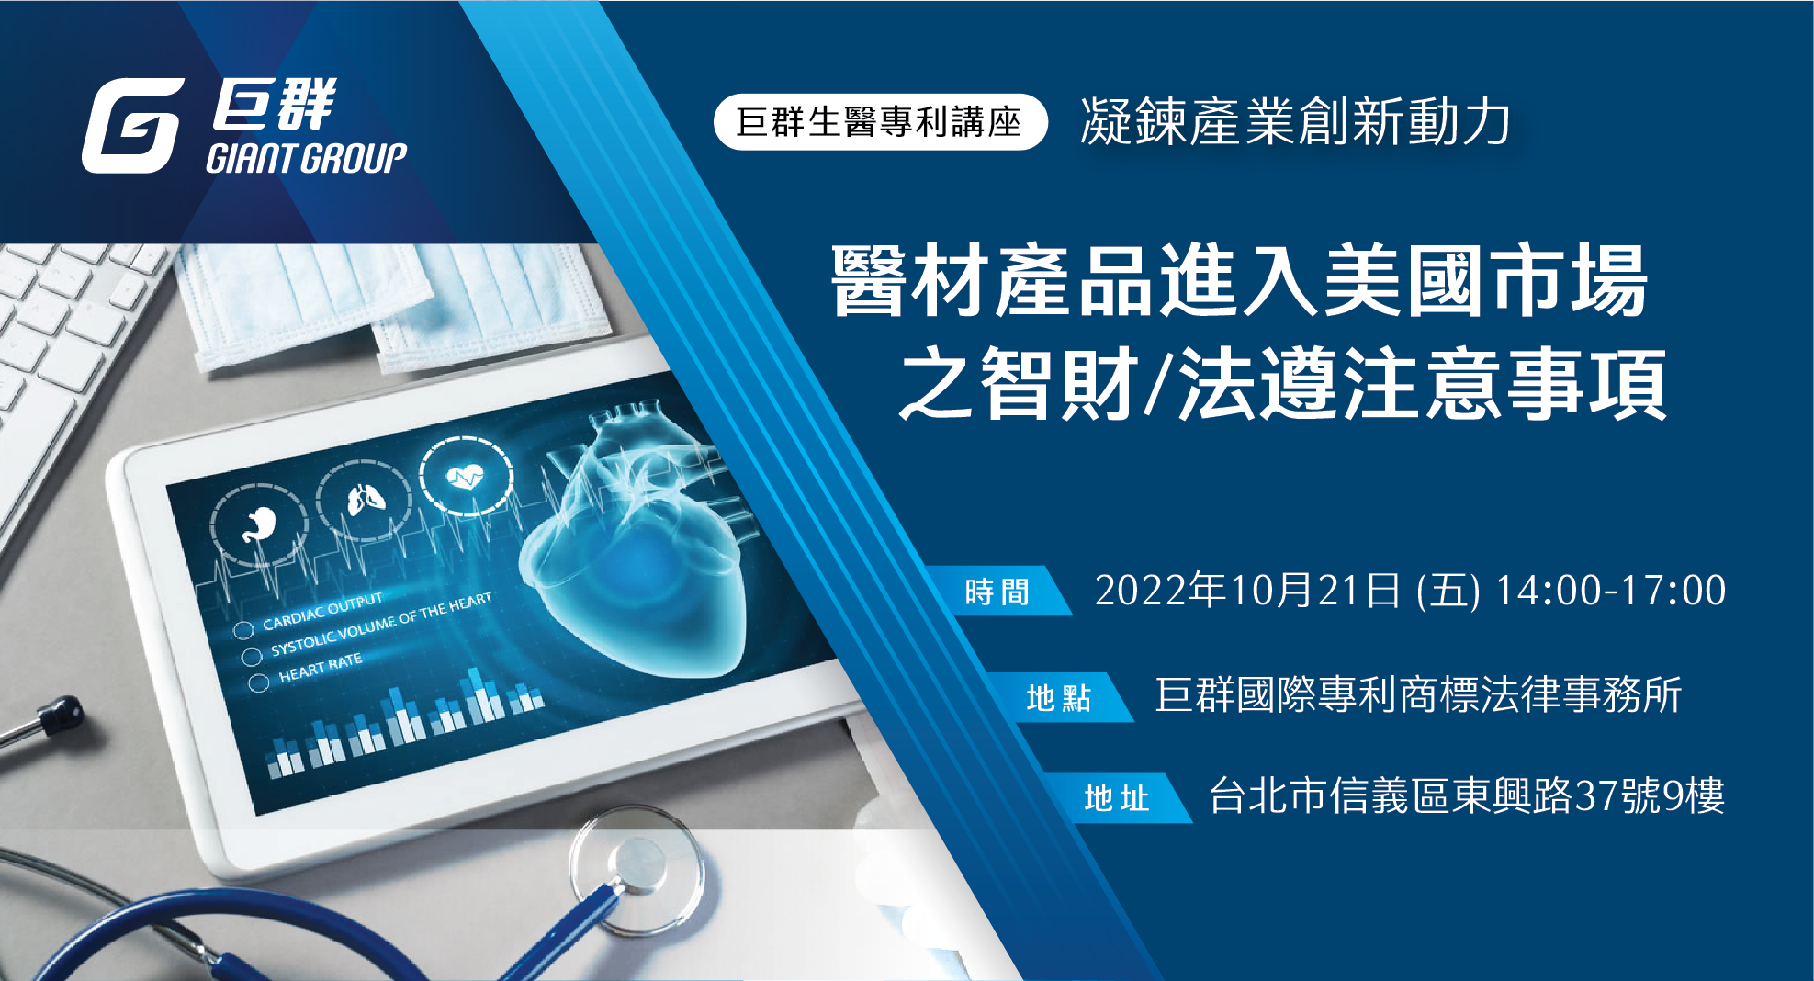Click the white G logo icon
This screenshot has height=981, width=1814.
132,126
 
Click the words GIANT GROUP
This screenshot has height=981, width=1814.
307,159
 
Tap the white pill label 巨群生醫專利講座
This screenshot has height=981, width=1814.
880,122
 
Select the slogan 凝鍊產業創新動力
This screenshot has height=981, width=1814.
1295,121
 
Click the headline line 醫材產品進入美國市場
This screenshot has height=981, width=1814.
1240,280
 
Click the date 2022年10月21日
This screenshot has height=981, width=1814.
1247,590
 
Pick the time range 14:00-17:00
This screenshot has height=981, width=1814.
1611,590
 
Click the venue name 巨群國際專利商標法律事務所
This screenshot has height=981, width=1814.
1418,695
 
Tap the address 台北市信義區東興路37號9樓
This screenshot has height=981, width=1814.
1467,795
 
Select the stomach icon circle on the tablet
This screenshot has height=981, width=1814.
259,524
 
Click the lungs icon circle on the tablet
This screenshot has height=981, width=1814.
365,500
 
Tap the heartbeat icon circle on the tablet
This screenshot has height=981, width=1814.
467,476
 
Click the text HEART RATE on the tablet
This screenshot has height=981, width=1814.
321,668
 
